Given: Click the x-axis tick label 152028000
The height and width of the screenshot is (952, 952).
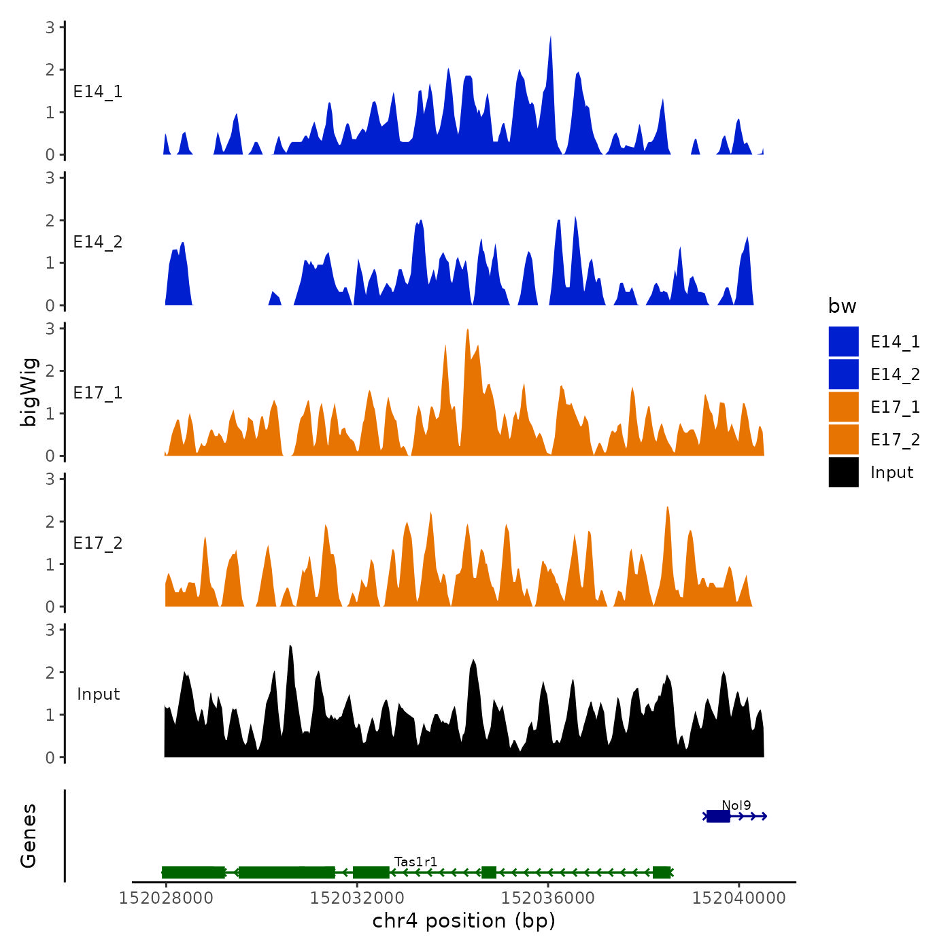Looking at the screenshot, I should pyautogui.click(x=166, y=898).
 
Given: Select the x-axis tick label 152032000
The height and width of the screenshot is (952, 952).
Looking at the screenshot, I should pyautogui.click(x=357, y=898).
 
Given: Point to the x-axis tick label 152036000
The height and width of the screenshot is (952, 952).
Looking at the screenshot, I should pyautogui.click(x=548, y=898).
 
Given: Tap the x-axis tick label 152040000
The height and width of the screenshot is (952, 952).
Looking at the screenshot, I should pyautogui.click(x=739, y=898).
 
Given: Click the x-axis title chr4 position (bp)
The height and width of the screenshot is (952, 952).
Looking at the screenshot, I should pyautogui.click(x=464, y=921).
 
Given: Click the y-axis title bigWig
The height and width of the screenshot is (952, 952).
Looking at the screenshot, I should pyautogui.click(x=29, y=392).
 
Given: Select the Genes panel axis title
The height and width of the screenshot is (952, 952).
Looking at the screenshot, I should pyautogui.click(x=29, y=836).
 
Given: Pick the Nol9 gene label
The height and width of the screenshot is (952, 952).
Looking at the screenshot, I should pyautogui.click(x=736, y=806).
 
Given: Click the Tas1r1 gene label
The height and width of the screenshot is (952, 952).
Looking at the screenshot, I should pyautogui.click(x=415, y=862).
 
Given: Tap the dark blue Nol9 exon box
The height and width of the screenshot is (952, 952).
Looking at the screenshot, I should pyautogui.click(x=718, y=816).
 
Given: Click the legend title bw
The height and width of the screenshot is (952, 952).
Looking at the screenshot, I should pyautogui.click(x=842, y=307).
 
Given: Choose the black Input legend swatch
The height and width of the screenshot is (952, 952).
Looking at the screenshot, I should pyautogui.click(x=843, y=472).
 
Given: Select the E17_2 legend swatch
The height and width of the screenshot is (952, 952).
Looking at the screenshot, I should pyautogui.click(x=843, y=439).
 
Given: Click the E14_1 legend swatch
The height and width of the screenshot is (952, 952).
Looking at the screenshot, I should pyautogui.click(x=843, y=341).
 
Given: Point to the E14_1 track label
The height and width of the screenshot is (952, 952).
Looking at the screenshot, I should pyautogui.click(x=98, y=92).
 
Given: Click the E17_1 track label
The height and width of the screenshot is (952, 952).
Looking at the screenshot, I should pyautogui.click(x=98, y=393).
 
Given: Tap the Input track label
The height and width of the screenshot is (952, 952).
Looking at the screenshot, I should pyautogui.click(x=98, y=694).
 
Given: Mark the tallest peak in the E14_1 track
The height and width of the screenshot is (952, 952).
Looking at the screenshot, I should pyautogui.click(x=550, y=38).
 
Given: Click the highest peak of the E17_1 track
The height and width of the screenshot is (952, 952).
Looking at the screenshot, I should pyautogui.click(x=468, y=331).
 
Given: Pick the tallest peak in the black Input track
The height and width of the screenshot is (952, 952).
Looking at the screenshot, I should pyautogui.click(x=290, y=647).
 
